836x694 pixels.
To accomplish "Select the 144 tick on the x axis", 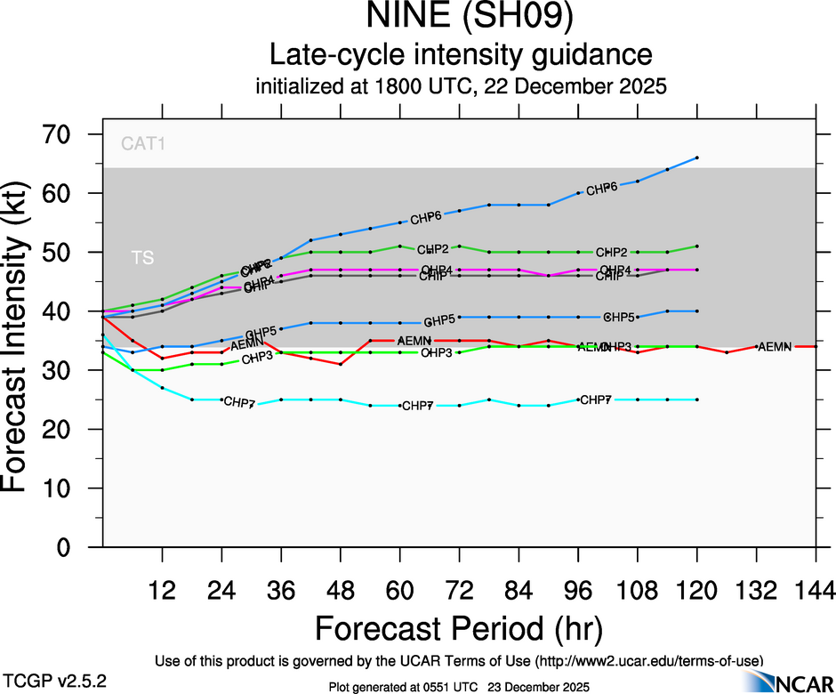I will [816, 590].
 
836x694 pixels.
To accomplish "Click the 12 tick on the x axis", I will [162, 590].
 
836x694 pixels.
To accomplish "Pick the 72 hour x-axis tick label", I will [459, 590].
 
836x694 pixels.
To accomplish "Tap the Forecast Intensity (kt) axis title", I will [21, 341].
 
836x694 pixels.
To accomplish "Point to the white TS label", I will [142, 258].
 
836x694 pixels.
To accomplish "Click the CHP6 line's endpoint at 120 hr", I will [696, 157].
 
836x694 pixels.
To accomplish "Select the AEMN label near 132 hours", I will [774, 346].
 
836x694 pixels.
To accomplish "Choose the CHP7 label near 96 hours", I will [595, 399].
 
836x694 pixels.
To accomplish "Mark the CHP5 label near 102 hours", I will [619, 317].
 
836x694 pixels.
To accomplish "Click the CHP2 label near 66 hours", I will [432, 249].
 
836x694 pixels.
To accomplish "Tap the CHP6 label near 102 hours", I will [602, 188].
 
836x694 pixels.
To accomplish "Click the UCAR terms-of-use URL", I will [650, 661].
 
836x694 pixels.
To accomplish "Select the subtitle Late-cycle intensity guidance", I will [462, 55].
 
